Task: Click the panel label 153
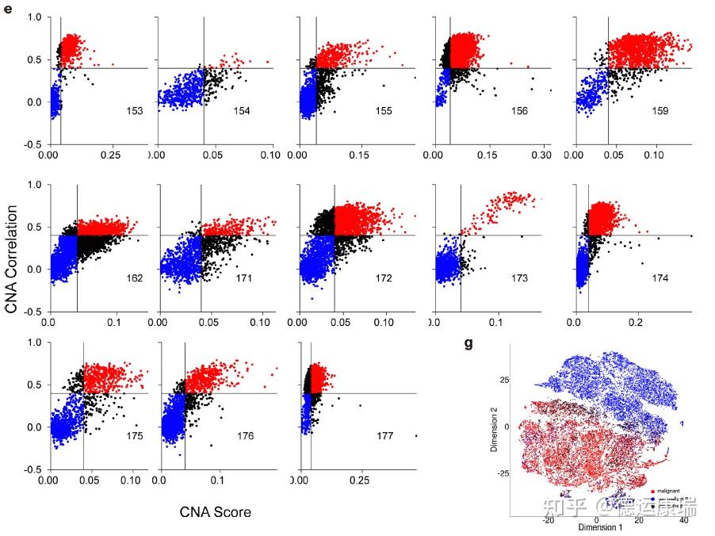134,111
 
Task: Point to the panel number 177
385,436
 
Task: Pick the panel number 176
246,436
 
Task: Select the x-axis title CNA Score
216,511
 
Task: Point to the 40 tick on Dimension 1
684,520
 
